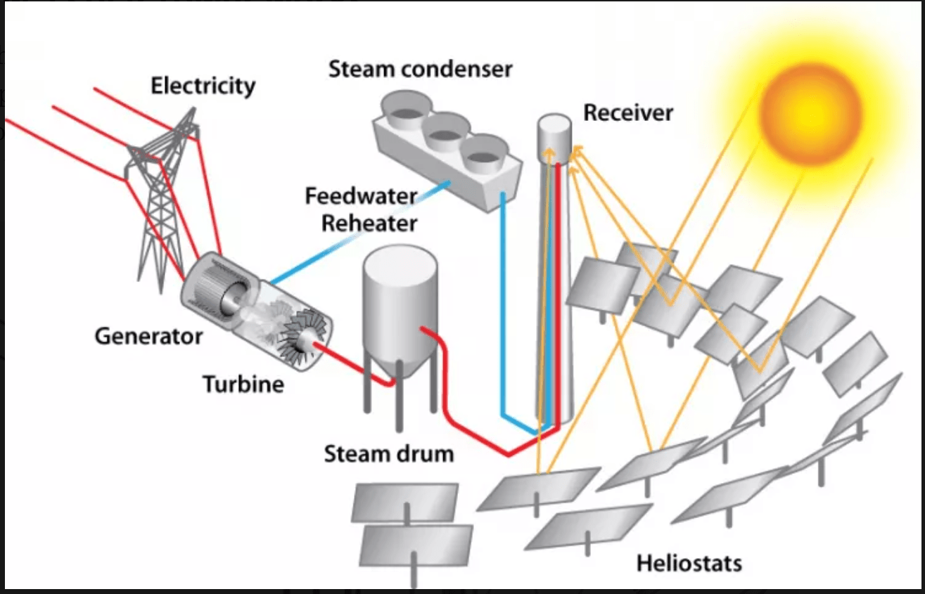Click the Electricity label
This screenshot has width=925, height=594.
coord(203,86)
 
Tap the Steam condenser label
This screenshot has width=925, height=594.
coord(421,70)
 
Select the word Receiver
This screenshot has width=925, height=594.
coord(628,112)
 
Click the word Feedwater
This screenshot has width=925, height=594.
coord(361,196)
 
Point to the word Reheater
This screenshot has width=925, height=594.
coord(369,224)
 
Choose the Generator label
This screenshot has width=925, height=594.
coord(148,336)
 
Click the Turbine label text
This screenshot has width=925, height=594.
coord(243,385)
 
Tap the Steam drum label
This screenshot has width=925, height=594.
coord(388,454)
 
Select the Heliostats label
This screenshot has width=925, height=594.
coord(689,563)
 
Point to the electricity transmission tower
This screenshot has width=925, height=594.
coord(163,204)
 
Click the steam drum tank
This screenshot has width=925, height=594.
coord(400,309)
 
